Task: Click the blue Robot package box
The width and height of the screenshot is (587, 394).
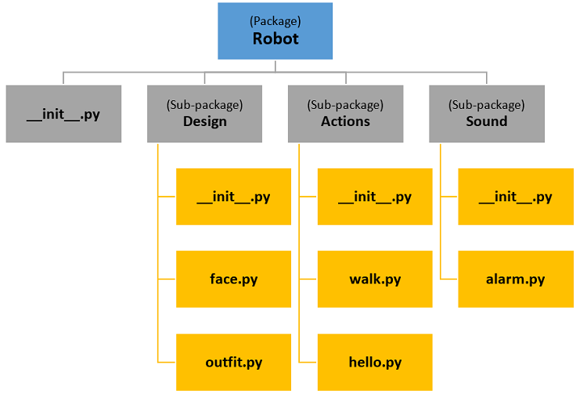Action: pos(275,31)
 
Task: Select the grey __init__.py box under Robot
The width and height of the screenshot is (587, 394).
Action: pos(63,114)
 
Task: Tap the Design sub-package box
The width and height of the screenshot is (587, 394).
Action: pos(204,114)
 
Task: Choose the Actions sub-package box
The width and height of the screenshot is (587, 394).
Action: pos(345,114)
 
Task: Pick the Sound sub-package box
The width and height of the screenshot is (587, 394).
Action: pos(486,114)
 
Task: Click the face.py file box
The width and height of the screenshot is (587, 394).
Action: pos(233,279)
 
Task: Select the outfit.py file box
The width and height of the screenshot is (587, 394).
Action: pos(233,362)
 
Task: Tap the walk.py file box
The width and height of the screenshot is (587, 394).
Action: pos(375,279)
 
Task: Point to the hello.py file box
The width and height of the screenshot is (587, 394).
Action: pos(375,362)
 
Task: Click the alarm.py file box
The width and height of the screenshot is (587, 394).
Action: pos(515,279)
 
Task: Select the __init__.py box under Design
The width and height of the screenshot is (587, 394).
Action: pos(233,197)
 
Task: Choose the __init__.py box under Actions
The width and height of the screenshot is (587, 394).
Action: pos(375,197)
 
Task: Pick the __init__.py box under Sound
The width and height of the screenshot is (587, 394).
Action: pos(515,197)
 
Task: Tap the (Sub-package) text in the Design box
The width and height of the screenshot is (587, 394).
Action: pos(204,104)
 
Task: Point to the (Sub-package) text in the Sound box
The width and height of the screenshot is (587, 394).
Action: pos(486,104)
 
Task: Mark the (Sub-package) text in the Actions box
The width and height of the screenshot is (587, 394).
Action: pos(345,104)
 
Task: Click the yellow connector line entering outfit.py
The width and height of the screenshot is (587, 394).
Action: pos(167,362)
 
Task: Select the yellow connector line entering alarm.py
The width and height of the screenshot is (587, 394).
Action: pos(448,279)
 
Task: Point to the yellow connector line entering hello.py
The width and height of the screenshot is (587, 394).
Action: pos(308,362)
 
